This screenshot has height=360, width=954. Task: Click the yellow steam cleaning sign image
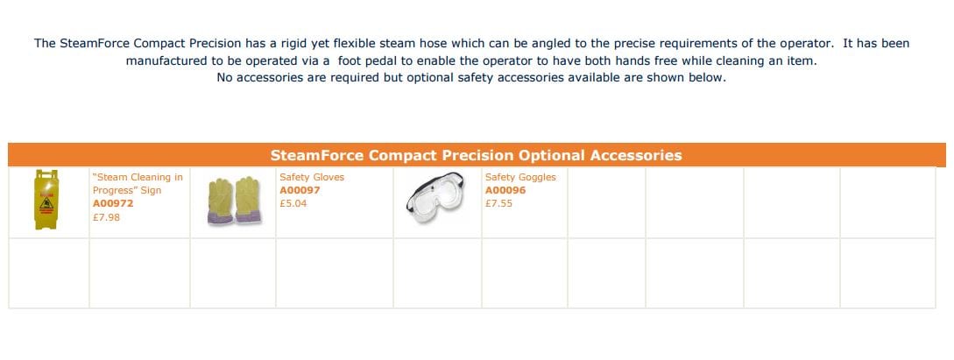[x=46, y=200]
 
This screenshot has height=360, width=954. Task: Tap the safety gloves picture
[x=234, y=201]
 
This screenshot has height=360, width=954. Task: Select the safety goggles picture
[x=435, y=198]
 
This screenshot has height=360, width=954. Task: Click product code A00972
[x=112, y=204]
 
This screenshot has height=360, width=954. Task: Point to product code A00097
[x=300, y=190]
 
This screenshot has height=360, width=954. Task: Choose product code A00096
[x=505, y=190]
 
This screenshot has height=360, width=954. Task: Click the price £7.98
[x=107, y=217]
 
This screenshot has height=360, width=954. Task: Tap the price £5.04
[x=293, y=204]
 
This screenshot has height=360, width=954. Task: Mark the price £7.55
[x=499, y=204]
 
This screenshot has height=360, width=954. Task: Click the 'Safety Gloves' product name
[x=312, y=177]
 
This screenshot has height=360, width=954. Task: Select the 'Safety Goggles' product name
[x=521, y=177]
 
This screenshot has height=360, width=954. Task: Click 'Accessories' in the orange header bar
[x=636, y=155]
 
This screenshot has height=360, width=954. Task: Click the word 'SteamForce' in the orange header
[x=317, y=155]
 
